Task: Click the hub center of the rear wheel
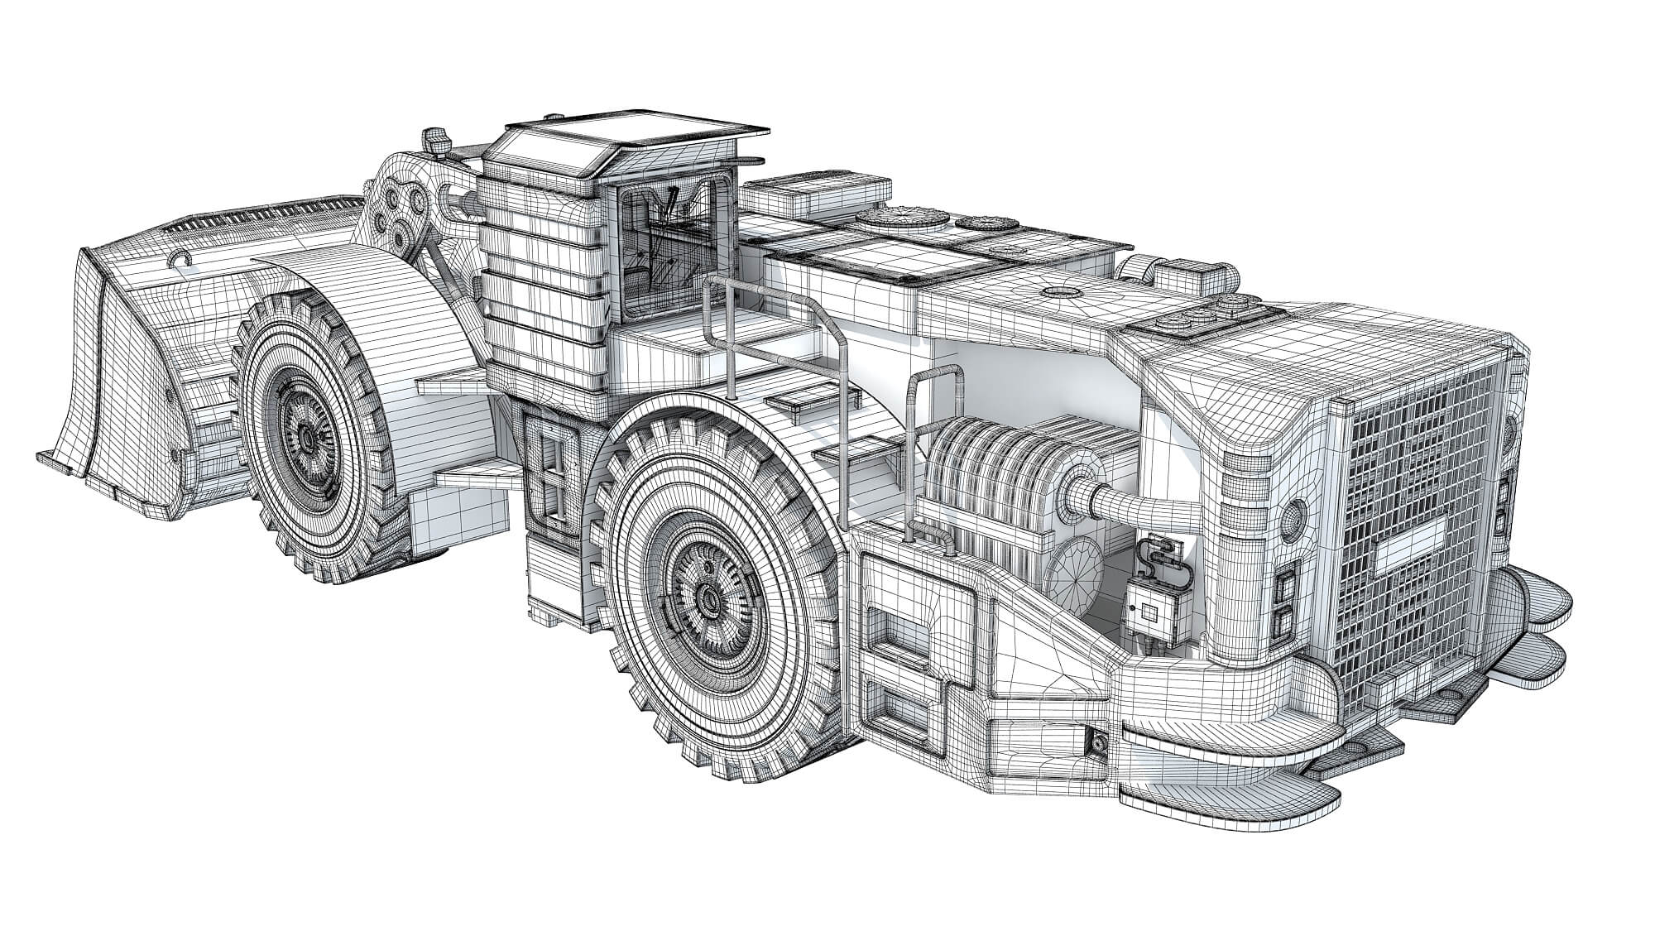coord(708,596)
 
